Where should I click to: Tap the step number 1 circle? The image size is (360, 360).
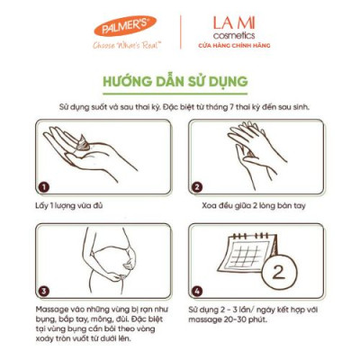coord(41,188)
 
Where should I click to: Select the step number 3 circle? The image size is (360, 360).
coord(41,292)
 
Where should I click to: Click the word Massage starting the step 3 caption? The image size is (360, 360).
coord(53,310)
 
